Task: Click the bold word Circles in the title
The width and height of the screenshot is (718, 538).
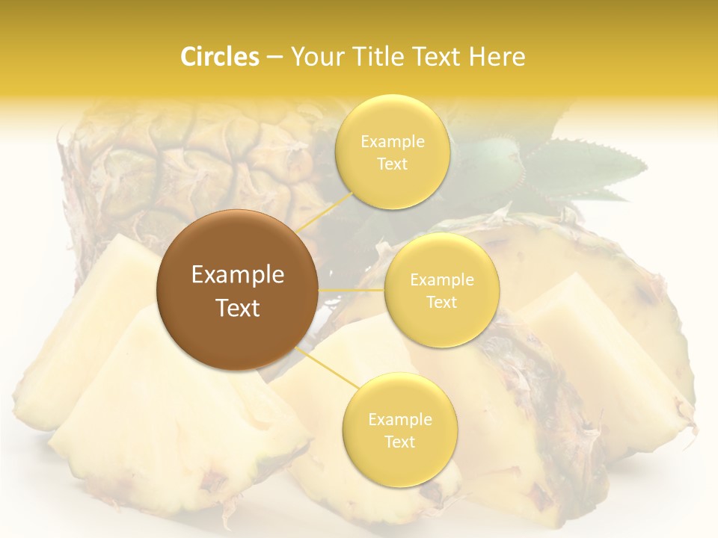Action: click(x=219, y=57)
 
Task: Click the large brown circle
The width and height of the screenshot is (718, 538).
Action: click(x=237, y=290)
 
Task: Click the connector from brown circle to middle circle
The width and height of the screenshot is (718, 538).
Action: click(x=352, y=289)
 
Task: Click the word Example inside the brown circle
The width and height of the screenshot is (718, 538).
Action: click(x=237, y=275)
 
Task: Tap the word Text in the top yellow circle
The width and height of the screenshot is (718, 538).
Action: click(x=392, y=164)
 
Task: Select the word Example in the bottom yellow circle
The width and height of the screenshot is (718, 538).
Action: click(x=399, y=419)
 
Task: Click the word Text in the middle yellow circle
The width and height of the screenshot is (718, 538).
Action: click(x=441, y=303)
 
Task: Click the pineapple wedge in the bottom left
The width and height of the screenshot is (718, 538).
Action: click(x=172, y=418)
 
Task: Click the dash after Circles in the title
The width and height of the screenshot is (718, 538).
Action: click(x=274, y=57)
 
